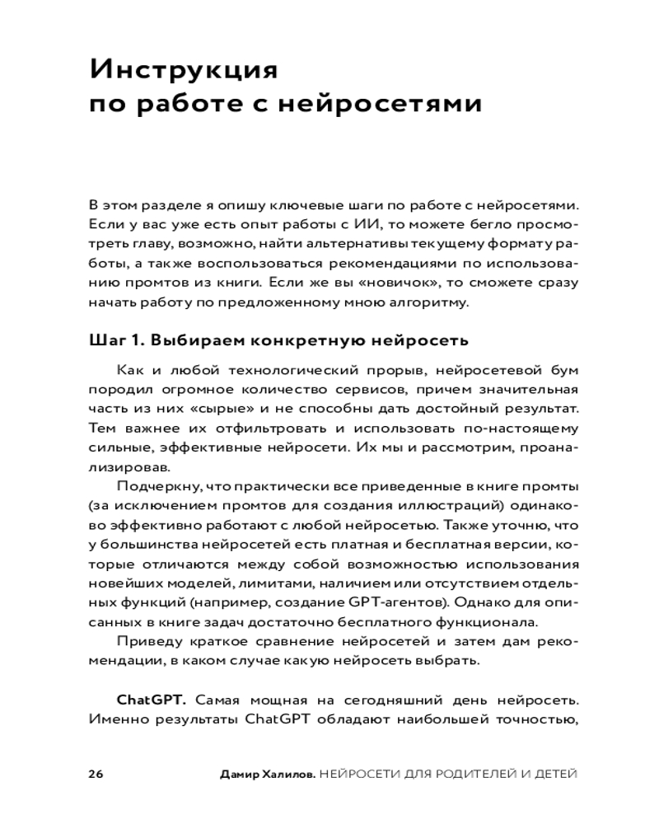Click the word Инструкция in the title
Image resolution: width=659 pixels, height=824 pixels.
[184, 68]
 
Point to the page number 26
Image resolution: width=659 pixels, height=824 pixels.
[95, 774]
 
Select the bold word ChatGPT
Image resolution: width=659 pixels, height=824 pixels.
[152, 700]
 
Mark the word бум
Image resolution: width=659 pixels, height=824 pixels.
[563, 369]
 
